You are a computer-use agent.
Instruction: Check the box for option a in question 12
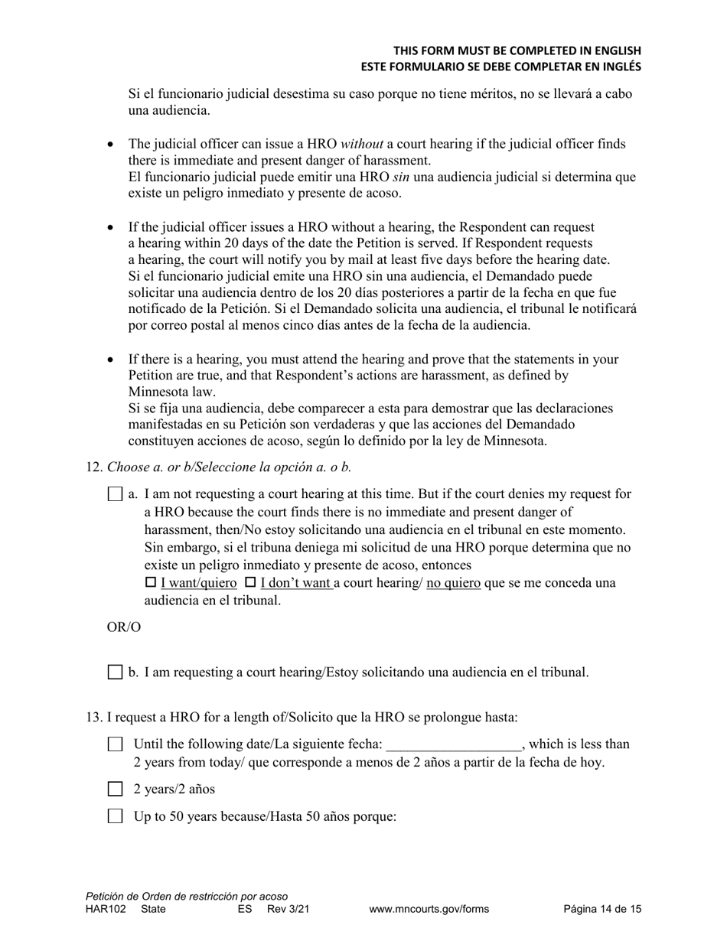point(115,494)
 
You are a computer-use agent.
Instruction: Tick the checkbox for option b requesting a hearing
point(115,672)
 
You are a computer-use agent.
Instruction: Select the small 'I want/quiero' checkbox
point(151,583)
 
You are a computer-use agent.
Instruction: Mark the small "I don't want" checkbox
point(250,583)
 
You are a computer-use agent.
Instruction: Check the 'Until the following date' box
point(115,744)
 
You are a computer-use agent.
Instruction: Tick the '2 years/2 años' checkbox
point(115,789)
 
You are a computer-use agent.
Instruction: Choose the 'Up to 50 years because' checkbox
point(115,816)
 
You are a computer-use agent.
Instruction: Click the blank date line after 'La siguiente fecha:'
point(454,744)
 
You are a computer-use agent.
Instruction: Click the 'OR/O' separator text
point(124,627)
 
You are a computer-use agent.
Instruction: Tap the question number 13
point(93,717)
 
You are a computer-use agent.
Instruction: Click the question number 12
point(93,467)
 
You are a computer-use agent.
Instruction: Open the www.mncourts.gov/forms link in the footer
point(429,910)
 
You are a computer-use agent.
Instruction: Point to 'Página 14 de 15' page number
point(602,910)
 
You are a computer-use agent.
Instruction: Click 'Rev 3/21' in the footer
point(288,910)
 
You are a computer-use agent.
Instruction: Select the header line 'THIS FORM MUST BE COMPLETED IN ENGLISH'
point(517,50)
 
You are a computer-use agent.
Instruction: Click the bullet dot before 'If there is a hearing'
point(111,360)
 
